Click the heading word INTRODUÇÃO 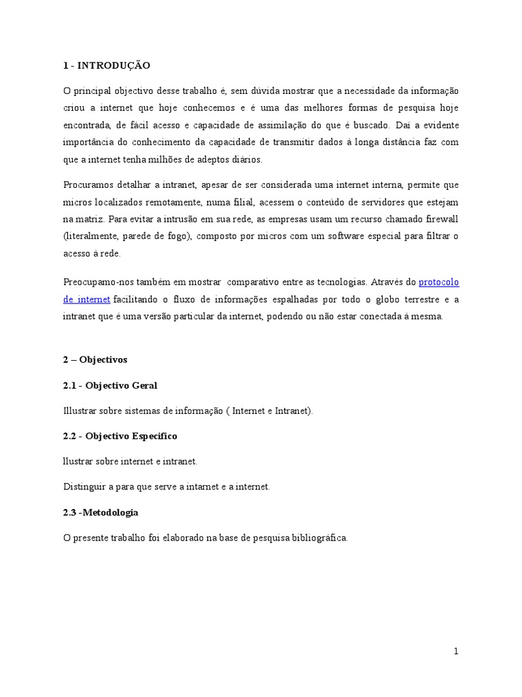click(x=114, y=65)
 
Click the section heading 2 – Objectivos click(x=94, y=359)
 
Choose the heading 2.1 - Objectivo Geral click(x=109, y=385)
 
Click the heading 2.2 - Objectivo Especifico click(x=120, y=436)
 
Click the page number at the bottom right click(x=456, y=651)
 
